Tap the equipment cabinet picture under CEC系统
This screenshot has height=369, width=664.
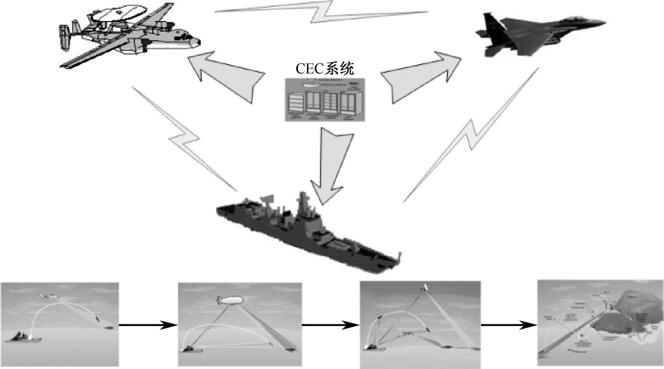pos(323,99)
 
